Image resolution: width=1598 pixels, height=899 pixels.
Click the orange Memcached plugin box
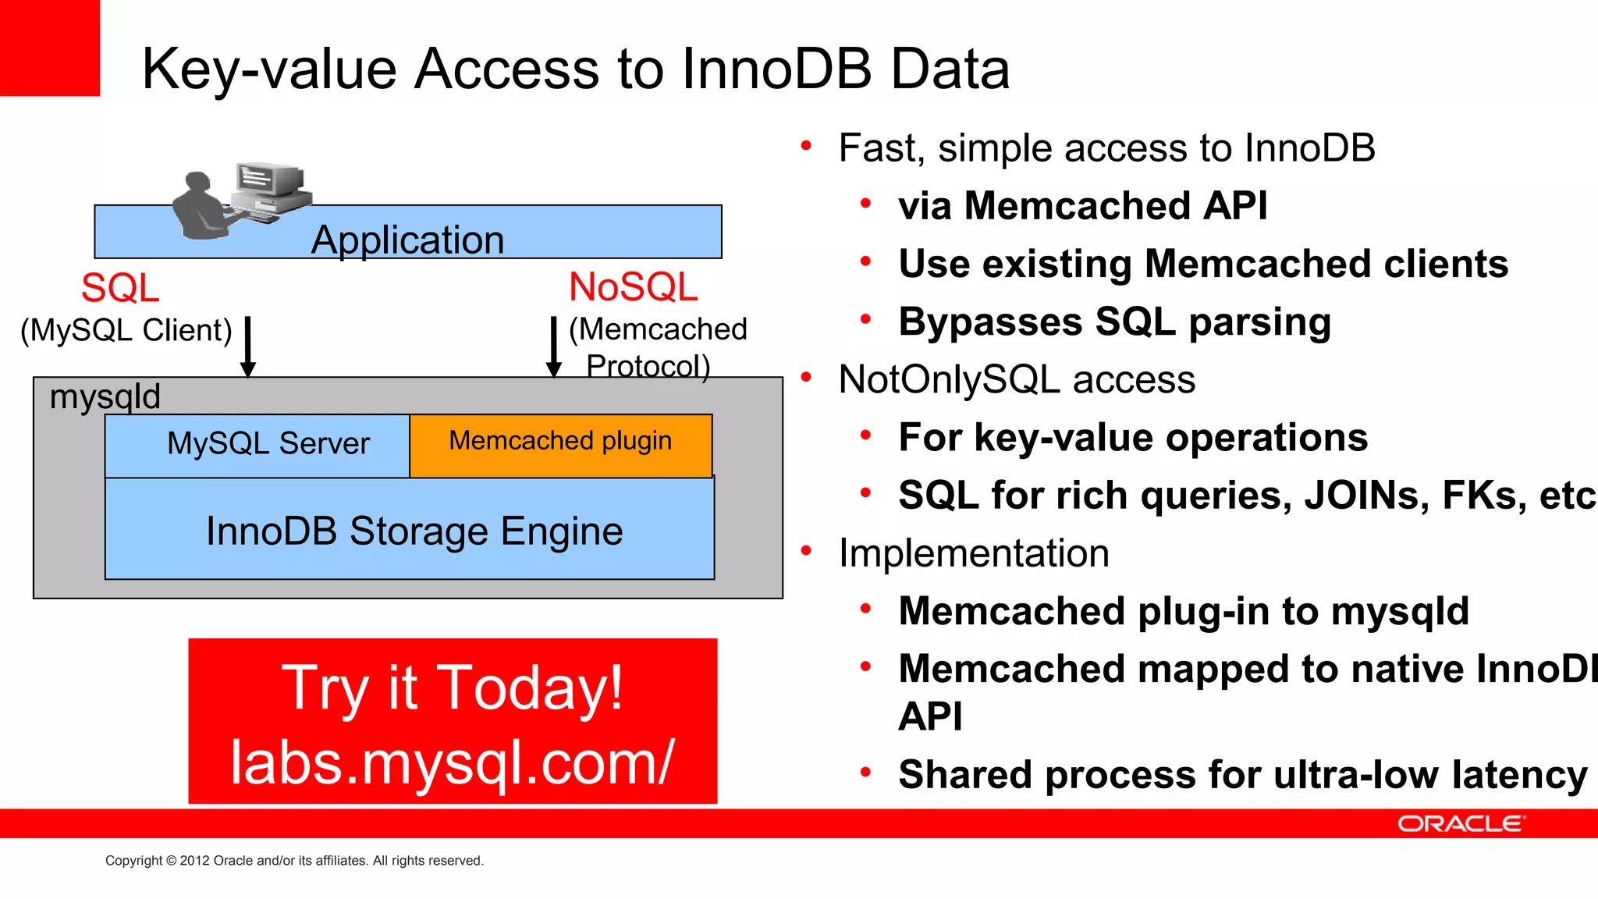pos(560,445)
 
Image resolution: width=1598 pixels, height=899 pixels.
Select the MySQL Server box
pos(257,445)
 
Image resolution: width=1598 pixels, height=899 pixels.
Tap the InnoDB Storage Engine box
pos(414,531)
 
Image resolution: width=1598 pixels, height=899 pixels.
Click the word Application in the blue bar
pos(407,240)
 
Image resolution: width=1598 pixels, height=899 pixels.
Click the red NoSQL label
pos(633,286)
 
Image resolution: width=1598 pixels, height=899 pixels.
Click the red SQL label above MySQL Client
pos(120,288)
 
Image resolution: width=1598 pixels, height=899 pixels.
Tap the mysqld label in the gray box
pos(105,396)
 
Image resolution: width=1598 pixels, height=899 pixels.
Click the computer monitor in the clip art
pos(265,181)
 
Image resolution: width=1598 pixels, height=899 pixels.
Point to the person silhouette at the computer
pos(199,207)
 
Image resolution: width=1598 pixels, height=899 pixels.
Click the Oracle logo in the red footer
pos(1459,824)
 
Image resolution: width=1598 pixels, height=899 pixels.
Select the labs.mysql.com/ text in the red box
pos(453,762)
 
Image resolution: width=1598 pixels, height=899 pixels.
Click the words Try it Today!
pos(453,688)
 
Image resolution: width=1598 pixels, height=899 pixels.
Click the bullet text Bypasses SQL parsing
pos(1114,322)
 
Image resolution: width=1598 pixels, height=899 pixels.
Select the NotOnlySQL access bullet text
pos(1016,379)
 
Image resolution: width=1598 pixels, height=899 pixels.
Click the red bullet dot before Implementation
pos(807,551)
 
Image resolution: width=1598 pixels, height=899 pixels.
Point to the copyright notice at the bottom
pos(294,861)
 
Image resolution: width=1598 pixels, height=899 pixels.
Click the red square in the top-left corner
pos(49,47)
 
